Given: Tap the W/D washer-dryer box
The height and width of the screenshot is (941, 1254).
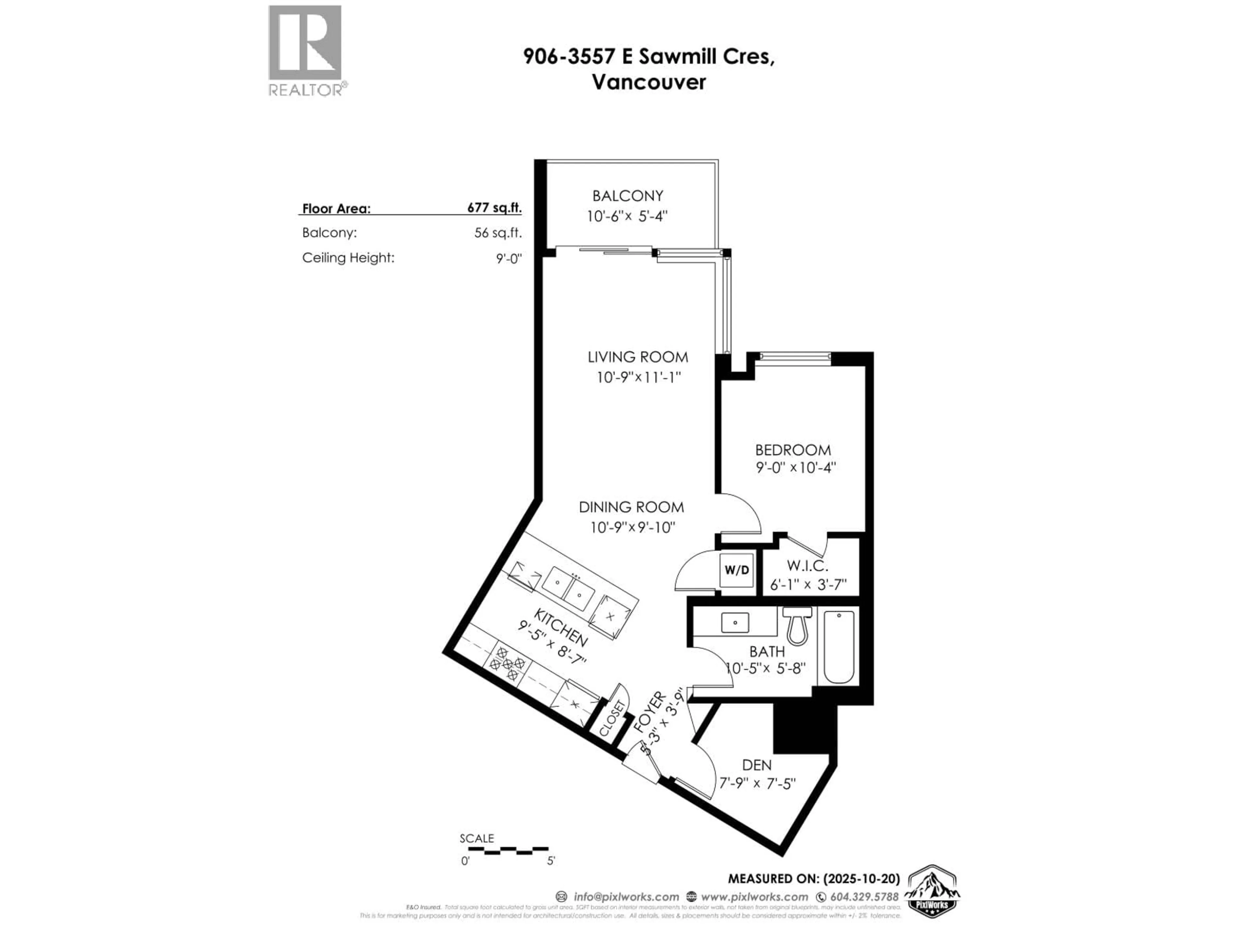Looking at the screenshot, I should click(737, 570).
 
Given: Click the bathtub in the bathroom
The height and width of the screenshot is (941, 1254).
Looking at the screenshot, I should click(839, 647).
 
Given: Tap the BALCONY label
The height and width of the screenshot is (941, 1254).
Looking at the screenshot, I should click(628, 196).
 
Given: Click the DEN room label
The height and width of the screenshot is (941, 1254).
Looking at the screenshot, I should click(757, 765).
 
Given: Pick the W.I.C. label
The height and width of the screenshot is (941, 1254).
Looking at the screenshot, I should click(808, 566).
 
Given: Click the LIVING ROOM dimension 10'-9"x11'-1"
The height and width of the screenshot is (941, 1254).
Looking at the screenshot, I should click(638, 377).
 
